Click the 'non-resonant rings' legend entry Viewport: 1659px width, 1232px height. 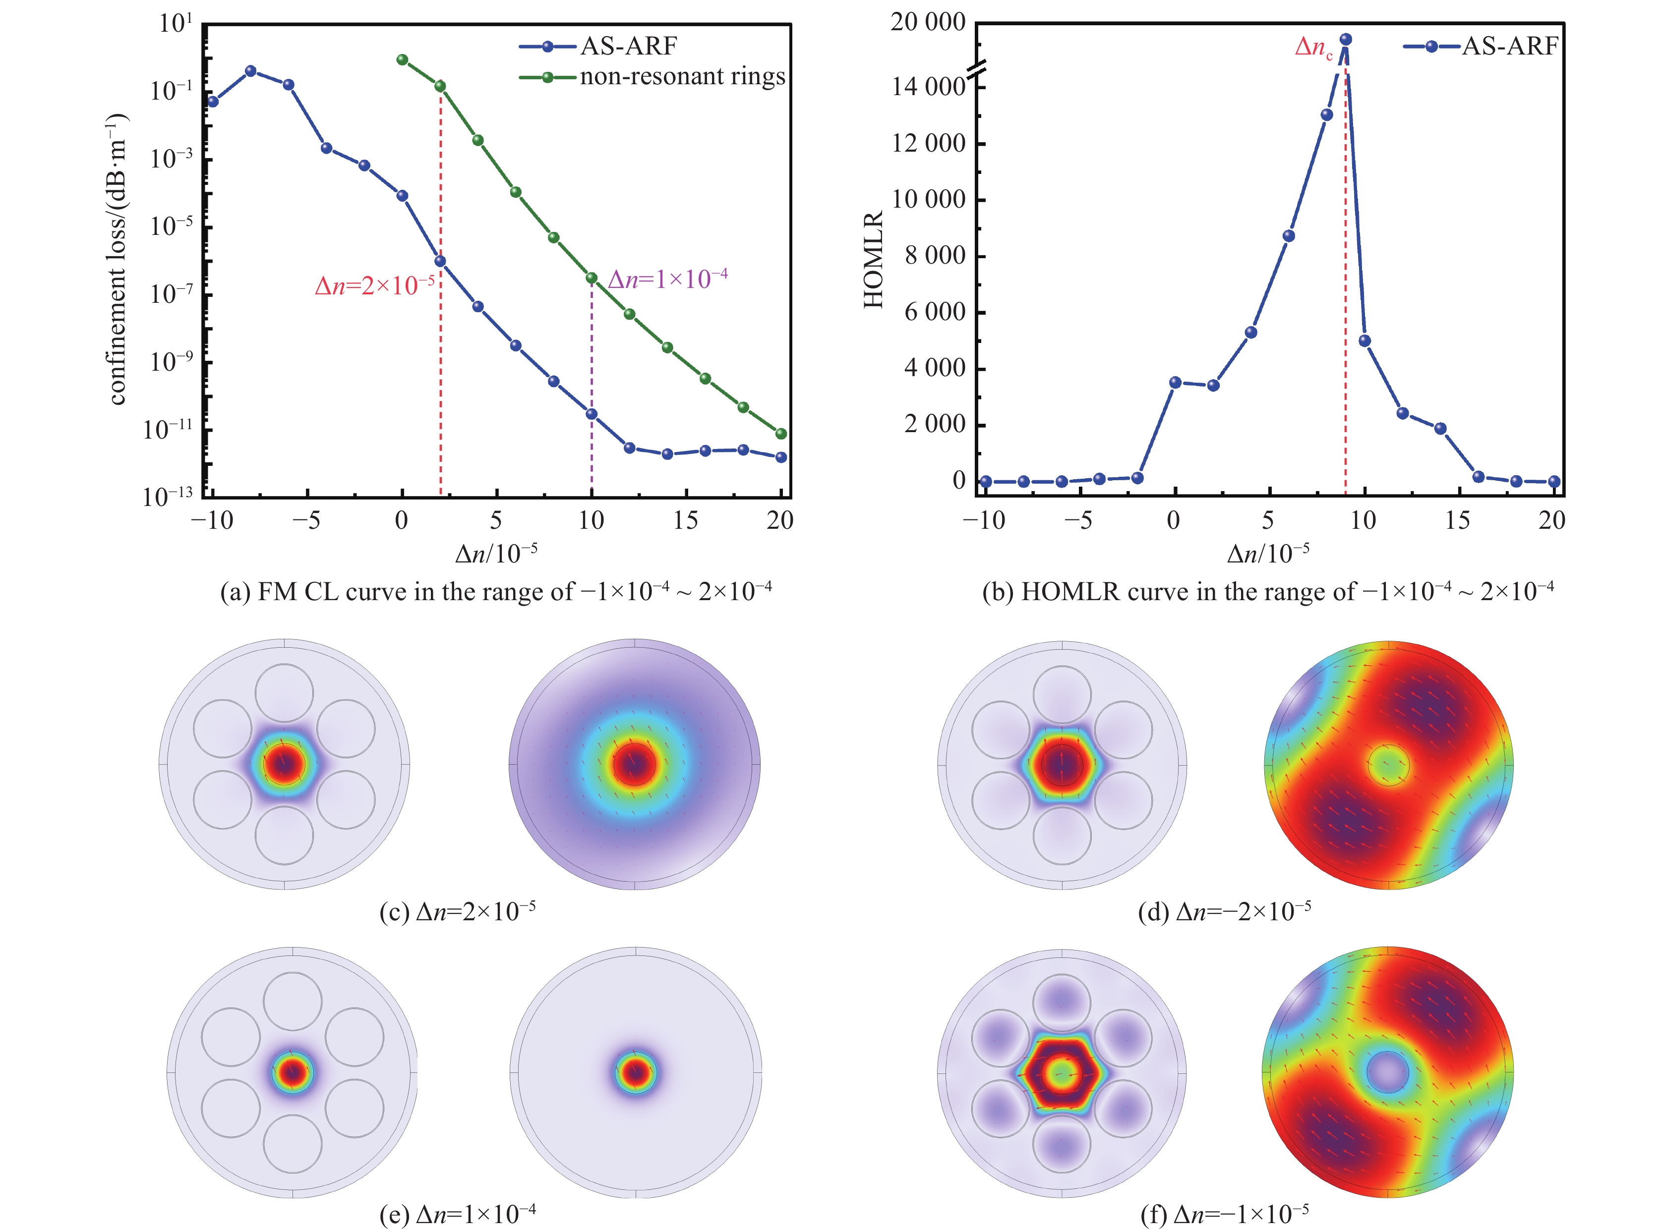tap(682, 77)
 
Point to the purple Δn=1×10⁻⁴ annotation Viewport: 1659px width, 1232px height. tap(668, 280)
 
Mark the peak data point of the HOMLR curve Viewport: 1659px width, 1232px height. tap(1346, 40)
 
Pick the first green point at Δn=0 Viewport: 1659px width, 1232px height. tap(402, 59)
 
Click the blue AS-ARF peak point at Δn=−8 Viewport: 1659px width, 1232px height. tap(251, 71)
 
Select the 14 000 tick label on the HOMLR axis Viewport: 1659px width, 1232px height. tap(928, 87)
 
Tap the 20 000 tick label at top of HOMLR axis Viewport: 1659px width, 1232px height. tap(928, 22)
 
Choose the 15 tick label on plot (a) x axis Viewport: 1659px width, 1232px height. tap(686, 520)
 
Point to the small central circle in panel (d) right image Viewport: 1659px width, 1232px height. tap(1388, 764)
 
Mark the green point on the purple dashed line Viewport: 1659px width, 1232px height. tap(592, 278)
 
